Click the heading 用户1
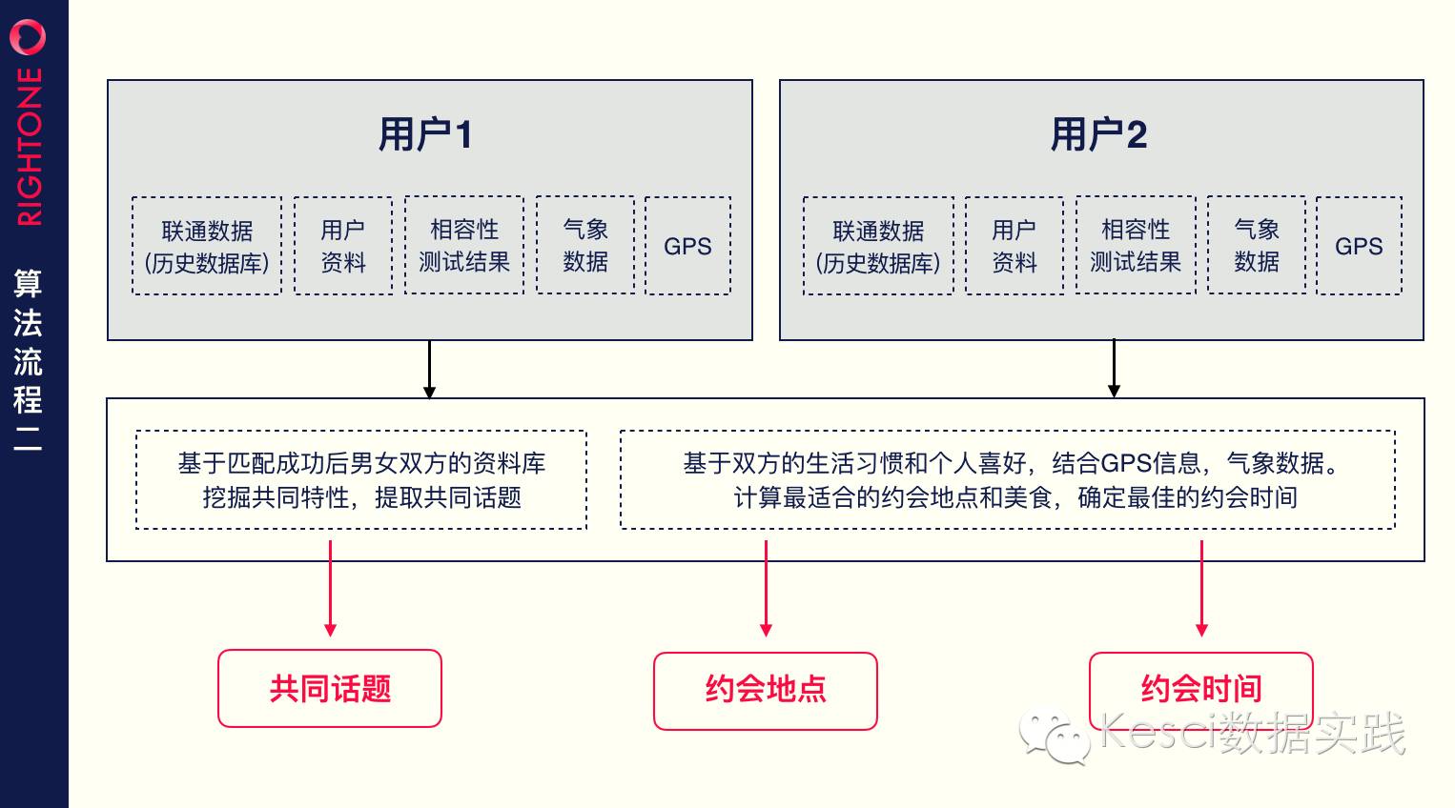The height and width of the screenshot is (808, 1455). click(425, 134)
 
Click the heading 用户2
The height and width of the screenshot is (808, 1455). click(1098, 134)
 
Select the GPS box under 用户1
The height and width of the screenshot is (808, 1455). click(687, 246)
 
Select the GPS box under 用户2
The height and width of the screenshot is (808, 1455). click(1359, 246)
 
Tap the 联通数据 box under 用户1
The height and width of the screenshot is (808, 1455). click(207, 246)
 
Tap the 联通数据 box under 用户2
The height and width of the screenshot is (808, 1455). click(878, 246)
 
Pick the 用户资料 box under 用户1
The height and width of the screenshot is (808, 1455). click(343, 246)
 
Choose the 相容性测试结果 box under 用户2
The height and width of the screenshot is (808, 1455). click(1136, 246)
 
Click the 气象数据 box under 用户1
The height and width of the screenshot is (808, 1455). click(585, 246)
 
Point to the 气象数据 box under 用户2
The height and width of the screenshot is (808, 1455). click(1257, 246)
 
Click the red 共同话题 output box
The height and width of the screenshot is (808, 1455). click(330, 689)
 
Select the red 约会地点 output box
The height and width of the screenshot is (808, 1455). click(766, 691)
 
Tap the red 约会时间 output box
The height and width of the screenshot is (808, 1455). click(1201, 689)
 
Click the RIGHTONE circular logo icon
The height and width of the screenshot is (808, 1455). click(28, 37)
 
